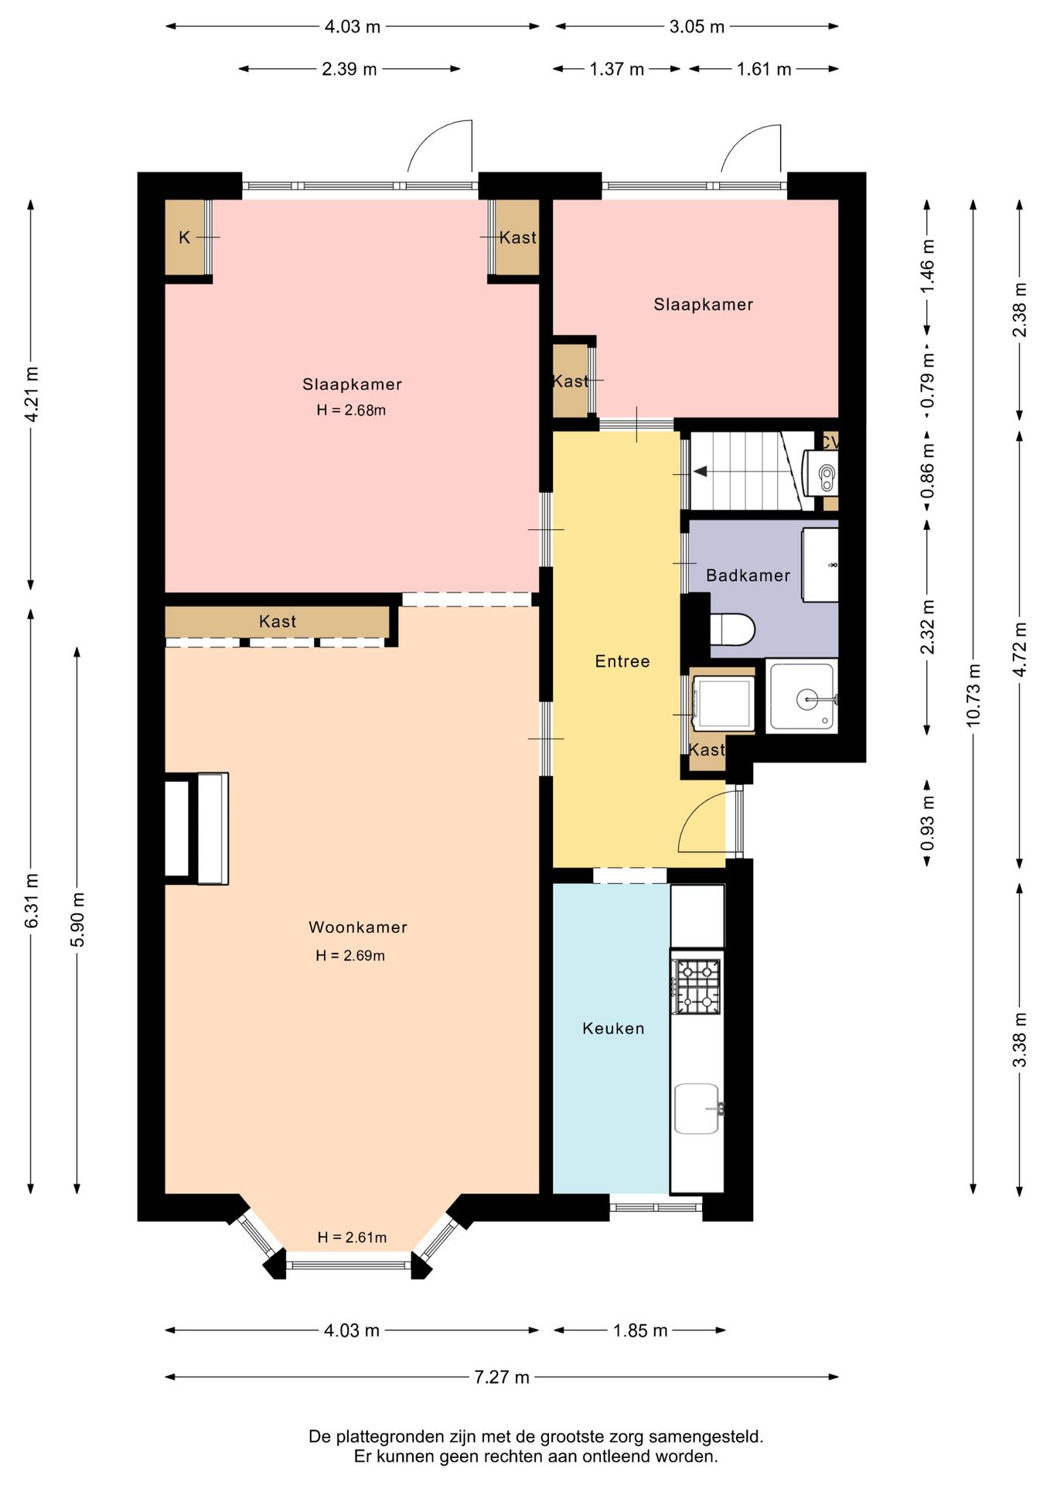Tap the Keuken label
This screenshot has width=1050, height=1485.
coord(613,1028)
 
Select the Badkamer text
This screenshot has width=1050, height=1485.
coord(748,575)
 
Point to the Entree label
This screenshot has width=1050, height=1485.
coord(622,661)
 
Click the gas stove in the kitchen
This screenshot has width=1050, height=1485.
coord(697,986)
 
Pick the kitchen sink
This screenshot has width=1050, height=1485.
coord(697,1108)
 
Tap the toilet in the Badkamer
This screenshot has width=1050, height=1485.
coord(731,629)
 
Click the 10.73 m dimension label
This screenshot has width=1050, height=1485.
coord(973,694)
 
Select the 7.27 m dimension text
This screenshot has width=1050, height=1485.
coord(502,1377)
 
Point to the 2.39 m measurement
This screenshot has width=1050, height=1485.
coord(349,69)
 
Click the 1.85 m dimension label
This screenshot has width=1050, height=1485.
coord(640,1330)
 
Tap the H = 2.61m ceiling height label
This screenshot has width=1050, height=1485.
coord(352,1237)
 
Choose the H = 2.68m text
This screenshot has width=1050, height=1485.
coord(351,410)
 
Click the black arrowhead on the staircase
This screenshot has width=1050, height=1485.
coord(700,471)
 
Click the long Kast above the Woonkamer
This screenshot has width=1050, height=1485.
coord(277,622)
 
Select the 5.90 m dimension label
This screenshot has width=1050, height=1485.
coord(77,919)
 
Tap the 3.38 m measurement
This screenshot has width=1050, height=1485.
coord(1020,1039)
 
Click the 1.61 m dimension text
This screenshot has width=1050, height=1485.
coord(764,69)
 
